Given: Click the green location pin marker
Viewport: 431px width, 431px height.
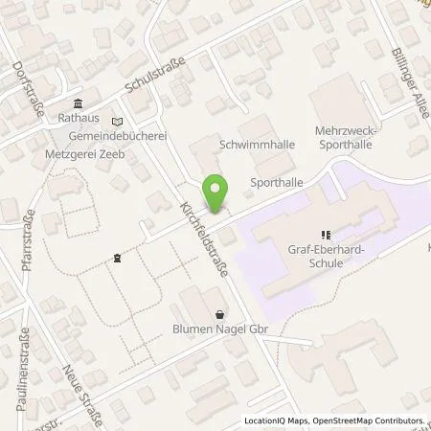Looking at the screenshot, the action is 218,194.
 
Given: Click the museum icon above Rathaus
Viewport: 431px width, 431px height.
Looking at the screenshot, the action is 77,105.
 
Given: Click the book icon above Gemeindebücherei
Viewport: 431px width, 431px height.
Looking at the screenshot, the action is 117,123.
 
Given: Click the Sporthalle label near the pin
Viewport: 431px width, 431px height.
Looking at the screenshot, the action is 270,181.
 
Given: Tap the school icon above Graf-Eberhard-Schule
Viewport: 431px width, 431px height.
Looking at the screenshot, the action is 326,232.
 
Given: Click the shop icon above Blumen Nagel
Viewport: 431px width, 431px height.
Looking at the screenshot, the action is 221,314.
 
